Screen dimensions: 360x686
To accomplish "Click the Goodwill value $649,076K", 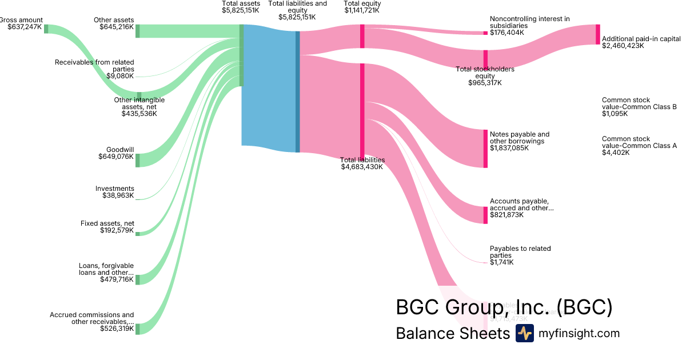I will coord(117,157).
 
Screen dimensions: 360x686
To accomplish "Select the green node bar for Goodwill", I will coord(138,160).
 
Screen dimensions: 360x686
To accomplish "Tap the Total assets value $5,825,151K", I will coord(241,10).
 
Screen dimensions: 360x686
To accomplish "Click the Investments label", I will coord(115,189).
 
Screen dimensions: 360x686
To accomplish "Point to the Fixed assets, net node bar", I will coord(138,233).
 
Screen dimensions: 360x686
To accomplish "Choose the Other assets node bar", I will coord(138,31).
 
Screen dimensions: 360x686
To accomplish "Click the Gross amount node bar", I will coord(46,29).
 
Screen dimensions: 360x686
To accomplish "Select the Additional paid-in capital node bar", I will coord(598,34).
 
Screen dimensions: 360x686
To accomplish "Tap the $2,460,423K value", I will coord(623,46).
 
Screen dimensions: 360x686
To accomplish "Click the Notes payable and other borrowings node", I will coord(486,149).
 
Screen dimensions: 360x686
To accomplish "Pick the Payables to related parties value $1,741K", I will coord(502,262).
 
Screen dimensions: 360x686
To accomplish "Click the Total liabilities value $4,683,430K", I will coord(362,167).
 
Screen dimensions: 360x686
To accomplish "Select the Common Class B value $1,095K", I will coord(615,114).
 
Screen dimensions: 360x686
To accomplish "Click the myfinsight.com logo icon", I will coord(524,333).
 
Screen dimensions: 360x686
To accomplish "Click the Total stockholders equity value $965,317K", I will coord(485,83).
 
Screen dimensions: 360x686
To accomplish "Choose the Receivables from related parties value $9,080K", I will coord(120,75).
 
